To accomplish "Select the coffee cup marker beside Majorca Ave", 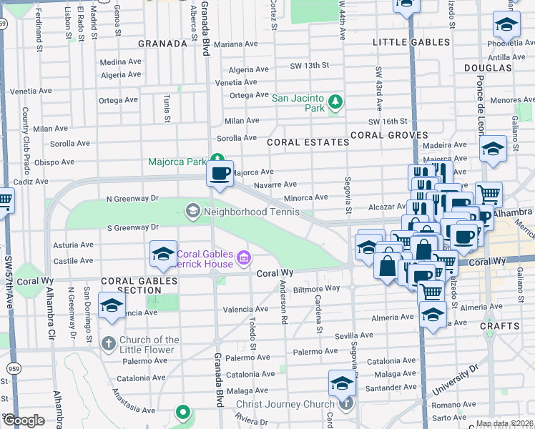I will (x=220, y=174).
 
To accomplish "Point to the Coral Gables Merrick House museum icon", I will (x=244, y=257).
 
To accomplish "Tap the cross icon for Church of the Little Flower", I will (x=108, y=345).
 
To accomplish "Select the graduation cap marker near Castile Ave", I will (x=163, y=254).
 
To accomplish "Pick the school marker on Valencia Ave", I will (x=112, y=306).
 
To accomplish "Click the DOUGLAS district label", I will (x=488, y=68).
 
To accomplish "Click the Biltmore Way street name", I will (x=316, y=289).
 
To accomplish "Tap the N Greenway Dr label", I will (x=132, y=197).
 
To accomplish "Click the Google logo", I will (x=24, y=420).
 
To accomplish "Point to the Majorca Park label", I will (x=177, y=162).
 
